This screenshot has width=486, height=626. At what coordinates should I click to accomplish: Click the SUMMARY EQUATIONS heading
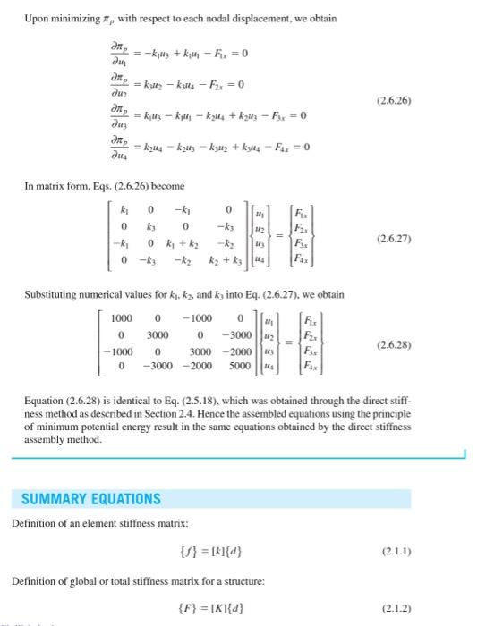[x=91, y=498]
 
